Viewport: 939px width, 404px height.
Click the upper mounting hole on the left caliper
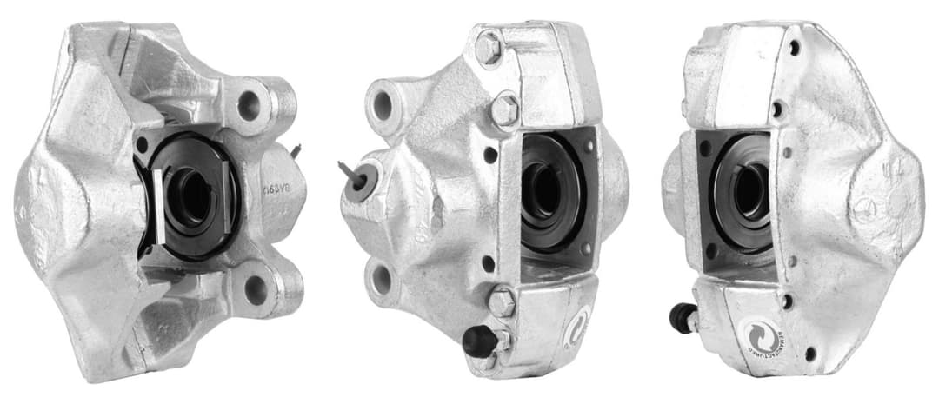pyautogui.click(x=250, y=105)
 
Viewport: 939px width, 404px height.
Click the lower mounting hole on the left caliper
pyautogui.click(x=256, y=290)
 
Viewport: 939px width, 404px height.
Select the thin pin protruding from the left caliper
pyautogui.click(x=296, y=151)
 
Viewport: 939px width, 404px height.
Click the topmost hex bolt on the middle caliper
pyautogui.click(x=489, y=48)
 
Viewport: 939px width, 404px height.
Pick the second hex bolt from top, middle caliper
pyautogui.click(x=504, y=109)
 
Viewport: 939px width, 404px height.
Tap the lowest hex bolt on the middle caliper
pyautogui.click(x=502, y=301)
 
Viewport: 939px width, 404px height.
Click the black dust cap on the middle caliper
pyautogui.click(x=477, y=341)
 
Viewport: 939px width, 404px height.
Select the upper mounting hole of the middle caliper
pyautogui.click(x=383, y=105)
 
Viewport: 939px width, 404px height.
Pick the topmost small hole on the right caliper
pyautogui.click(x=794, y=48)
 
